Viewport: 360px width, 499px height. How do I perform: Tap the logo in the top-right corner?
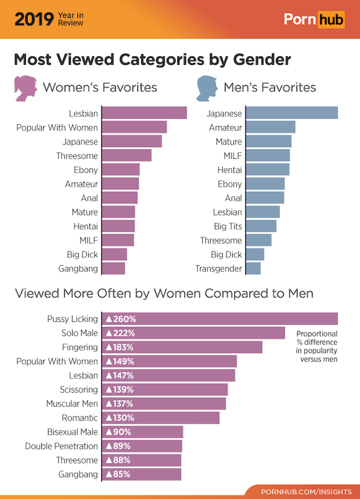[314, 20]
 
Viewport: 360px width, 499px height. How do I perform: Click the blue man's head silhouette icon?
[206, 88]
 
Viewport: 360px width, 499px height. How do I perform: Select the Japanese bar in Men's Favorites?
[292, 113]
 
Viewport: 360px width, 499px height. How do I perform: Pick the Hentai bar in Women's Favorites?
[118, 226]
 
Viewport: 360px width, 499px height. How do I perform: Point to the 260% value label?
[121, 319]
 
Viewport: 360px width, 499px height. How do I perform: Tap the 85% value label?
[119, 474]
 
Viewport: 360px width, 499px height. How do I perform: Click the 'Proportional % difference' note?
[317, 347]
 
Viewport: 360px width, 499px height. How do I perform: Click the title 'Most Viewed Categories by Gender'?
[152, 60]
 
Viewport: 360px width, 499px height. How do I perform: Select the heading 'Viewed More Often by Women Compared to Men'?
[164, 294]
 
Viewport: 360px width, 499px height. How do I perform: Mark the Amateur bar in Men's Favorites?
[271, 127]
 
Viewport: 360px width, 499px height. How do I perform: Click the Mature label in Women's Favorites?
[85, 212]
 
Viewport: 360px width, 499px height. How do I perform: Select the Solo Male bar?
[193, 333]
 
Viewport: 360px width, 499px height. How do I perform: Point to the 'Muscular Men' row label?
[72, 404]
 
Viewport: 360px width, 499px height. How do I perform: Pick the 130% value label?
[121, 418]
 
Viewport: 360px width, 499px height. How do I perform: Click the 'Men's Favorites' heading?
[269, 88]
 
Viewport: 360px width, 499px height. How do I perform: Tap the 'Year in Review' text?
[71, 20]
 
